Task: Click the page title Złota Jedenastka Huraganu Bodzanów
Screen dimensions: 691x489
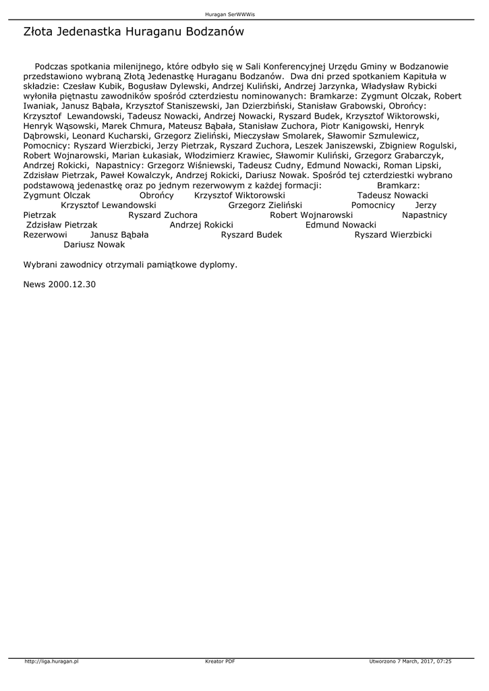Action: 134,32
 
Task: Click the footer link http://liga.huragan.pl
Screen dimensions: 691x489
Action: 52,661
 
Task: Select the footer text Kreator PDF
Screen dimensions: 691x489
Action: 220,661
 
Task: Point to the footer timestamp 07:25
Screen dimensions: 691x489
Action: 444,661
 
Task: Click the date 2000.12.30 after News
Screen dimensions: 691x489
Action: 72,285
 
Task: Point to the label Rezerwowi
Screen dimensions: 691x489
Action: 45,235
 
